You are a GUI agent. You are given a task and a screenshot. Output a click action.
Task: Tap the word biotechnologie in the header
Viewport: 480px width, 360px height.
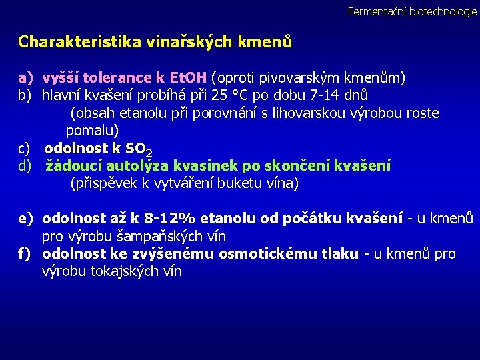[443, 11]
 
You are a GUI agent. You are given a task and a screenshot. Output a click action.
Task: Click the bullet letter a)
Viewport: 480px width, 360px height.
[25, 77]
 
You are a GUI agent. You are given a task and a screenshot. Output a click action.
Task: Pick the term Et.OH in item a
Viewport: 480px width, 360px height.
[188, 77]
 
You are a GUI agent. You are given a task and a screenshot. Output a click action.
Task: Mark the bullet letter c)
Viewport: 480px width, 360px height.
[25, 147]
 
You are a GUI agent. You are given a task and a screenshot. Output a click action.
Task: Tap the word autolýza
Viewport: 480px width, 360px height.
[135, 165]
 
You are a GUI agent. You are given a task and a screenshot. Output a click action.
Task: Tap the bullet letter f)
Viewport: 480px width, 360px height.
[25, 254]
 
